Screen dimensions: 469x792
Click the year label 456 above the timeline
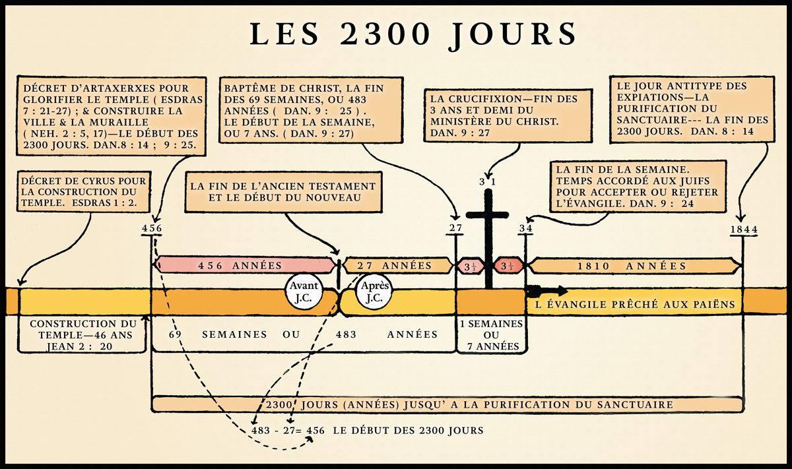click(x=152, y=229)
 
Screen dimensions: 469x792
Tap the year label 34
click(x=525, y=229)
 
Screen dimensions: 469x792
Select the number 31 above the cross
click(x=488, y=181)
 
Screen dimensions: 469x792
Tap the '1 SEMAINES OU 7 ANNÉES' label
click(x=490, y=335)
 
